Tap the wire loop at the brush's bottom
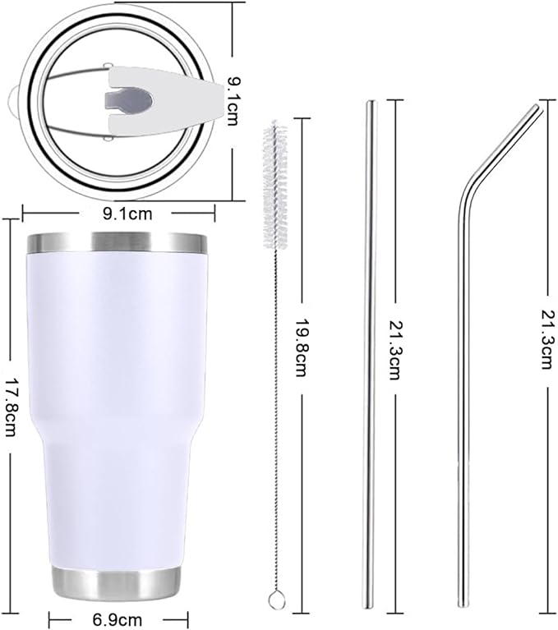(278, 602)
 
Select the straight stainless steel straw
(370, 370)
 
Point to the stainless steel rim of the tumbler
(117, 243)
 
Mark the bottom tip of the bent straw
(464, 605)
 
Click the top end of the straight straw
(370, 103)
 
